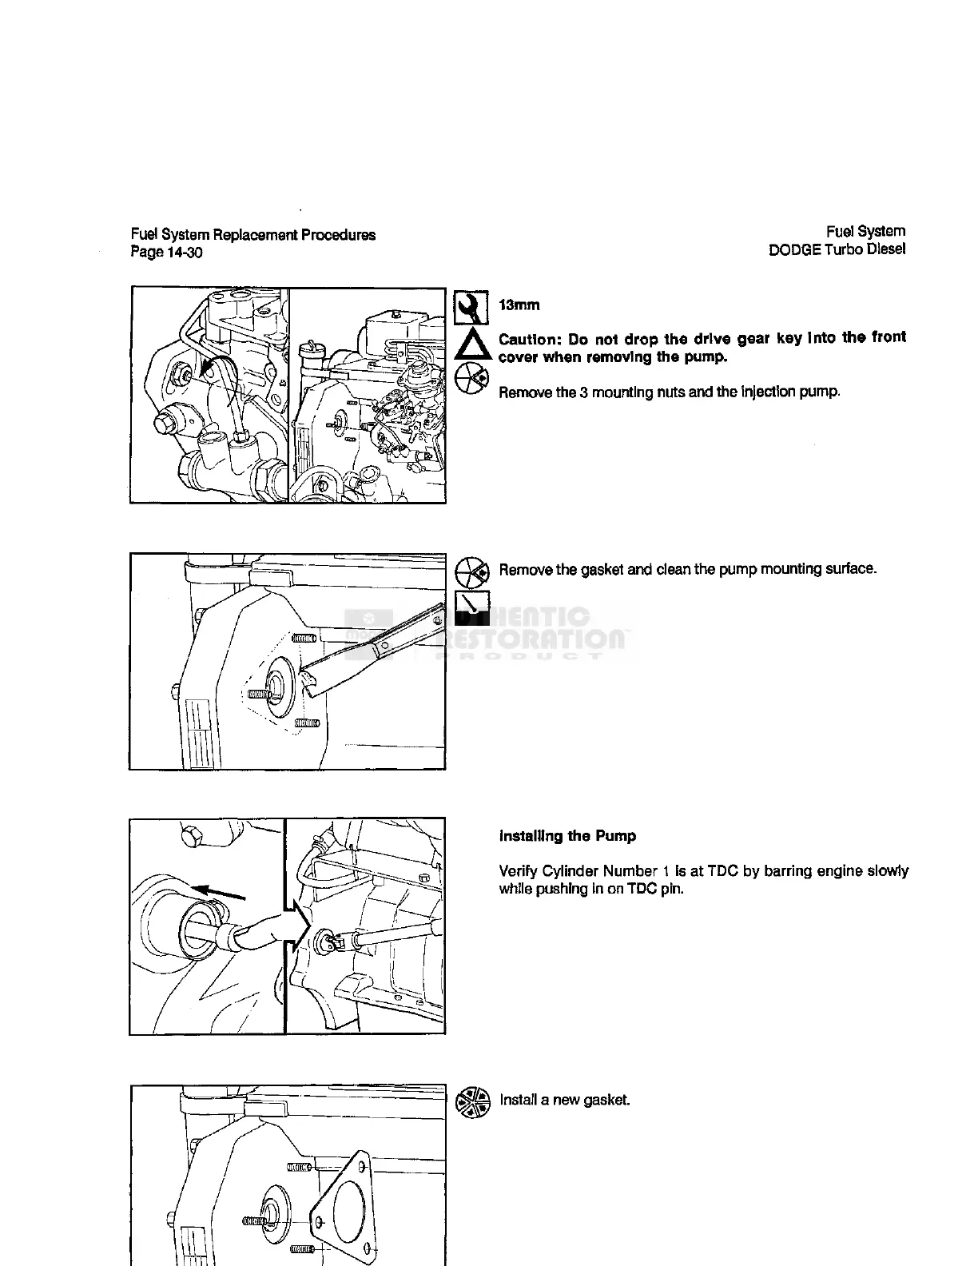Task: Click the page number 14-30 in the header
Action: (x=185, y=253)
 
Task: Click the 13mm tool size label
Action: (x=519, y=305)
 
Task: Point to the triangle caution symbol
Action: (x=471, y=344)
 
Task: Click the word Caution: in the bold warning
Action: (x=528, y=339)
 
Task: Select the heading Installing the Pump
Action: (x=567, y=836)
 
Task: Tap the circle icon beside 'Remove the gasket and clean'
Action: (x=471, y=571)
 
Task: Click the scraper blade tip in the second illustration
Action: (x=306, y=681)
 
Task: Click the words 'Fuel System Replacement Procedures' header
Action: (x=253, y=235)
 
